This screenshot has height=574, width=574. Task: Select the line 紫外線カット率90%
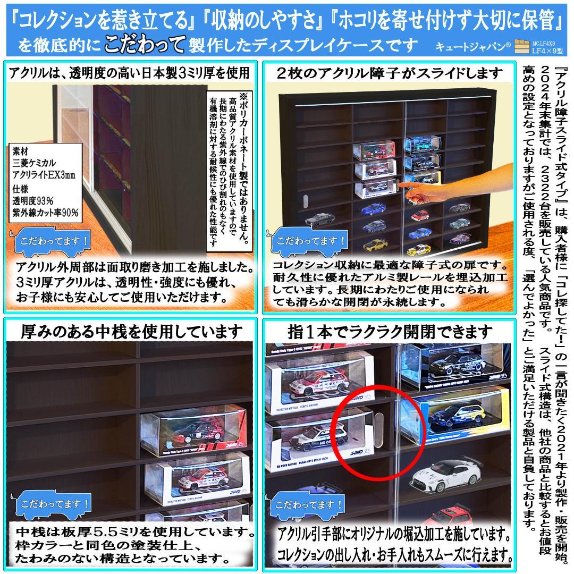tap(46, 212)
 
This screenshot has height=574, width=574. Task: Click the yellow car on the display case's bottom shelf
tap(375, 245)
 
